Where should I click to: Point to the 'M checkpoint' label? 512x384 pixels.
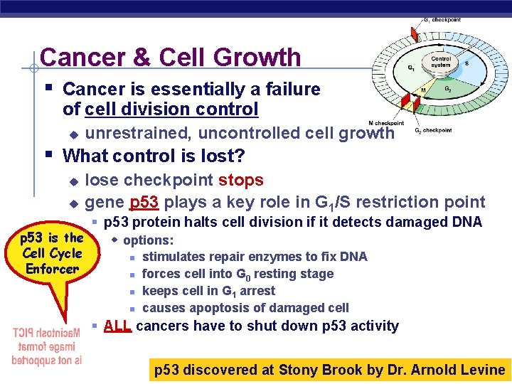pyautogui.click(x=385, y=123)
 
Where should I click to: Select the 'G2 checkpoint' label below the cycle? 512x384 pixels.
pyautogui.click(x=433, y=130)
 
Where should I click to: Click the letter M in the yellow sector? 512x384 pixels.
pyautogui.click(x=423, y=91)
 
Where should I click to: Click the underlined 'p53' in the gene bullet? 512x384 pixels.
pyautogui.click(x=144, y=202)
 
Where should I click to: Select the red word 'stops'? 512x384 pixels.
pyautogui.click(x=241, y=181)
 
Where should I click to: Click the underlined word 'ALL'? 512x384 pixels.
pyautogui.click(x=117, y=326)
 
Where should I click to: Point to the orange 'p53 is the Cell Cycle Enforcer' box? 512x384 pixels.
pyautogui.click(x=52, y=253)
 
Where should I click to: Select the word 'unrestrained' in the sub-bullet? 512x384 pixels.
pyautogui.click(x=138, y=133)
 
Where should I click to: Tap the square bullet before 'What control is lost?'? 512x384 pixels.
pyautogui.click(x=48, y=154)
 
